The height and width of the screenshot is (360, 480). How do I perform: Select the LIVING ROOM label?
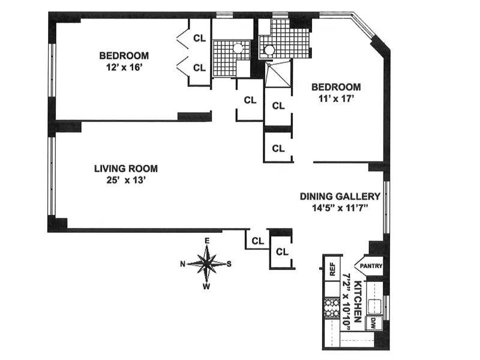point(126,169)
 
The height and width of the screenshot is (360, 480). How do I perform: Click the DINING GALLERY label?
point(340,196)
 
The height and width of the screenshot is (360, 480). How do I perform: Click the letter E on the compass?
point(207,241)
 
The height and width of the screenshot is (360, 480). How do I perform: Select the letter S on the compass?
point(229,263)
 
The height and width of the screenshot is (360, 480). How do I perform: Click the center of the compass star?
point(207,263)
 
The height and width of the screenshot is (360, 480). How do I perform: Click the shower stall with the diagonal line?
point(277,76)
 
